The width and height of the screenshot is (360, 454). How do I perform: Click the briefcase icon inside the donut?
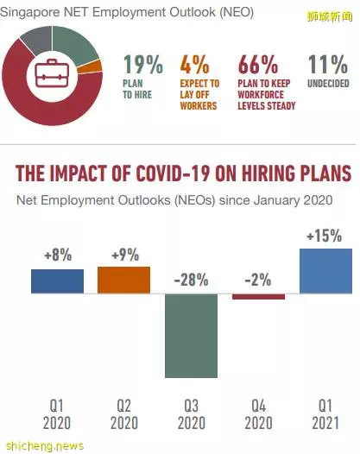click(x=52, y=73)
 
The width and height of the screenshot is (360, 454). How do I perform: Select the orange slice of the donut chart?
click(x=90, y=67)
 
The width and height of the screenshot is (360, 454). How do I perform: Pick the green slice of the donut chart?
click(x=74, y=43)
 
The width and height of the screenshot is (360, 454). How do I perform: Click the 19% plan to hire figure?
click(x=143, y=64)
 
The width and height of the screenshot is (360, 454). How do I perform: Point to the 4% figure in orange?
click(x=194, y=64)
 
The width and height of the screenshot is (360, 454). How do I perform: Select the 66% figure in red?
click(x=258, y=64)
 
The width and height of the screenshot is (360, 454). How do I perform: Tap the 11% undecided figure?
click(x=327, y=64)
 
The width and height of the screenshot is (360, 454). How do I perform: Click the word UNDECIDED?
click(x=328, y=84)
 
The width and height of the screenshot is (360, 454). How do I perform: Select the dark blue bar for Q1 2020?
click(x=57, y=281)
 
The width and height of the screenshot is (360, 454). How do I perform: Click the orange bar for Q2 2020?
click(x=124, y=280)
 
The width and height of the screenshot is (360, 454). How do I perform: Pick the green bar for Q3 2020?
click(x=191, y=336)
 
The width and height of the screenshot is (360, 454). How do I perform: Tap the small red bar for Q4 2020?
click(x=258, y=297)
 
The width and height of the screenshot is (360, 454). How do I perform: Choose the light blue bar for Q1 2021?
click(x=325, y=271)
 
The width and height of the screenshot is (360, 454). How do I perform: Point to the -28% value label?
click(x=191, y=280)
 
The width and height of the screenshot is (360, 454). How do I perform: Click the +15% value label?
click(x=325, y=236)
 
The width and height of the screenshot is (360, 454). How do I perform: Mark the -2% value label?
click(x=258, y=280)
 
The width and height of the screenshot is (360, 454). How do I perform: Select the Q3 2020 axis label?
click(x=192, y=414)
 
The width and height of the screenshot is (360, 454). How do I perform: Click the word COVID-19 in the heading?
click(x=174, y=173)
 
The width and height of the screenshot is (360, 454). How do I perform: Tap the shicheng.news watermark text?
click(x=45, y=445)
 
